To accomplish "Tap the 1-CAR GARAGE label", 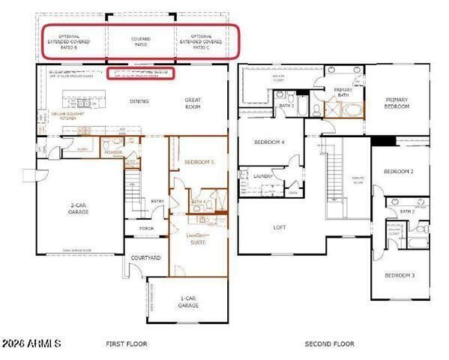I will point(187,301).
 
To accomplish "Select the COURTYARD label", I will point(146,258).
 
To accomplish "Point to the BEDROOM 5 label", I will point(199,161).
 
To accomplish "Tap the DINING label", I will point(139,101).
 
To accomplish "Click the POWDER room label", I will point(113,152).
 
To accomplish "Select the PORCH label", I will point(146,229).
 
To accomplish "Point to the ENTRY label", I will point(157,201).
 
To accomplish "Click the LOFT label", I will point(280,226).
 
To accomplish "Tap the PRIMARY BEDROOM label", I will point(397,103).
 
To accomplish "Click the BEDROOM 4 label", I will point(269,142).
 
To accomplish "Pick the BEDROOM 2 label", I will point(399,172).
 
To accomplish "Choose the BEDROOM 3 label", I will point(400,275).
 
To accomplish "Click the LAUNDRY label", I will point(262,176).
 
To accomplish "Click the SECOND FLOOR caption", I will point(329,344).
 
